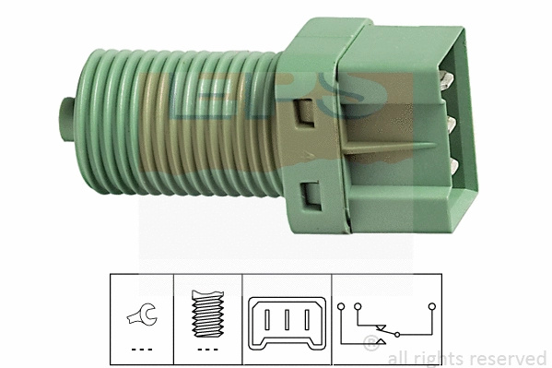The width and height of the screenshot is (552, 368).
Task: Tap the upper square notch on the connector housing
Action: pos(305,114)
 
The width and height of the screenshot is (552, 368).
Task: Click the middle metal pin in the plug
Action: pos(452,122)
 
